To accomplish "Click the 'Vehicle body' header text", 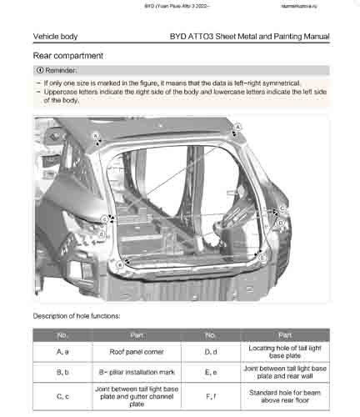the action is coord(55,37).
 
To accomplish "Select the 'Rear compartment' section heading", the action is coord(67,55).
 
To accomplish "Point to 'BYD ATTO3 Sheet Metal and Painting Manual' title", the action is coord(248,37).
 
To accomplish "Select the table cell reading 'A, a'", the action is coord(62,351).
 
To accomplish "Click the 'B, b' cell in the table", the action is coord(62,372).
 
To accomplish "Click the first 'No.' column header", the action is coord(62,334).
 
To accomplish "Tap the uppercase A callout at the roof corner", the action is coord(237,126).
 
